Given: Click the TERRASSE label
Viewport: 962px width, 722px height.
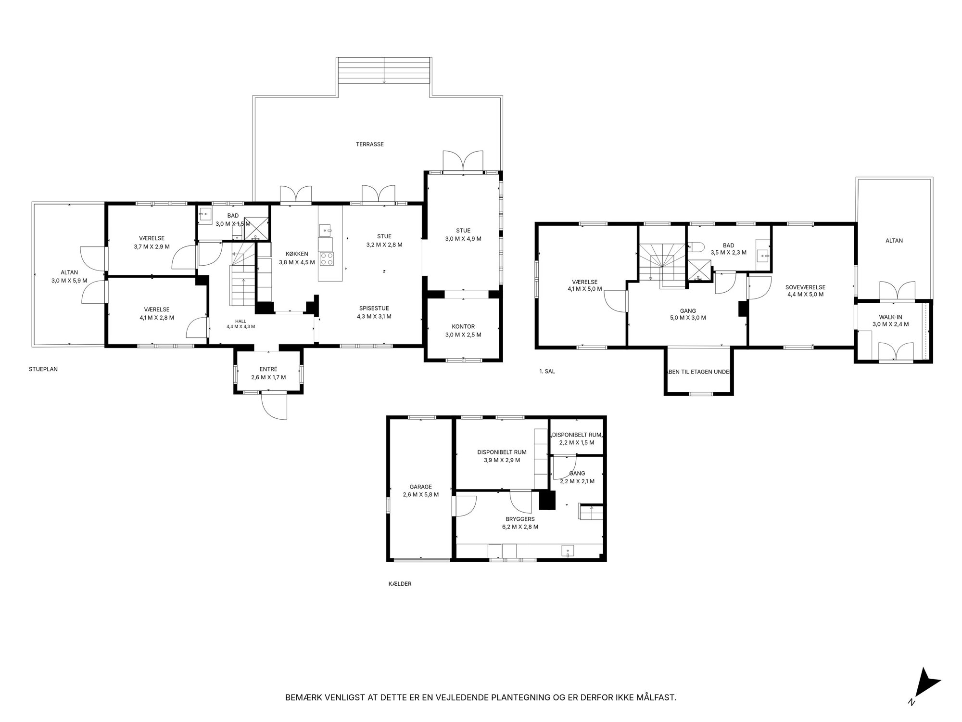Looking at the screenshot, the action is tap(370, 144).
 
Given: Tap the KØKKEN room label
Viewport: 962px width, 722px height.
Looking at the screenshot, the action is tap(297, 254).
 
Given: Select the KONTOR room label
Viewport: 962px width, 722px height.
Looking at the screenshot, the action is tap(463, 326).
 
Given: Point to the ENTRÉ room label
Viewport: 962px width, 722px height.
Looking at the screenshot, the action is tap(268, 369).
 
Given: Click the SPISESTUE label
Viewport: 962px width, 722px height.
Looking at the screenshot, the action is tap(374, 309).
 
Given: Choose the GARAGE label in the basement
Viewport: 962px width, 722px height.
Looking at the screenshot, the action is tap(421, 487).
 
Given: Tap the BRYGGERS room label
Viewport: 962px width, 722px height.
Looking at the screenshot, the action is tap(520, 519).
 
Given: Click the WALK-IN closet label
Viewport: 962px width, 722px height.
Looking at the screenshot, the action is tap(891, 316).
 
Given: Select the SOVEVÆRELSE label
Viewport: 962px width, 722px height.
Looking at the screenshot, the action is tap(806, 287).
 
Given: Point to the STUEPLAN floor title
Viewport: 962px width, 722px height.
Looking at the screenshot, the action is tap(43, 370).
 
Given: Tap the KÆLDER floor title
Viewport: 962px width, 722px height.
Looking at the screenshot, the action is tap(400, 584).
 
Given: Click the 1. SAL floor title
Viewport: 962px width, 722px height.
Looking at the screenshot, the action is tap(547, 372).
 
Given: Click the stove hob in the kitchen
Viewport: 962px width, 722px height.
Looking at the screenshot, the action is tap(327, 259).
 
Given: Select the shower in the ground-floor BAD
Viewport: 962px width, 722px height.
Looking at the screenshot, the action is tap(256, 228).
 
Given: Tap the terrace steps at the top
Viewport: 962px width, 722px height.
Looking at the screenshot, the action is tap(384, 71).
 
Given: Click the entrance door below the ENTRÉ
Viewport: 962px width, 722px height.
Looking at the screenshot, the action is tap(274, 407).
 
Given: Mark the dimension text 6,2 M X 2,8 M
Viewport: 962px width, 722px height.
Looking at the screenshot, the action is tap(520, 527).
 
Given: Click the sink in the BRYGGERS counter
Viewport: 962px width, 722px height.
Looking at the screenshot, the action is tap(568, 551).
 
